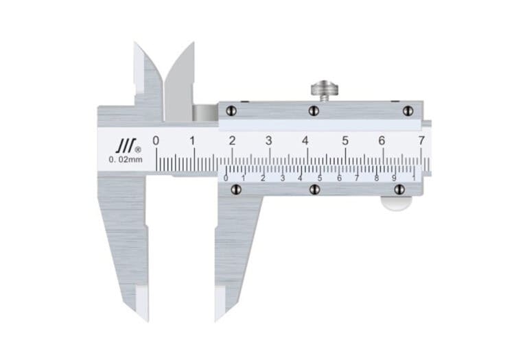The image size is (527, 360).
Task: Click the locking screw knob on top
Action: (x=325, y=88)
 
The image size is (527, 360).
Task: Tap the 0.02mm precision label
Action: (x=126, y=160)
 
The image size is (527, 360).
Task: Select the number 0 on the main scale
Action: (x=156, y=141)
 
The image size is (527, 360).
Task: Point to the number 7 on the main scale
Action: (x=421, y=141)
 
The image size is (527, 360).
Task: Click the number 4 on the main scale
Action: (x=305, y=141)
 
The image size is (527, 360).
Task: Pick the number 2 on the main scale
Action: (x=232, y=141)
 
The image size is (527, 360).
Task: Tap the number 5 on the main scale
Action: (x=345, y=141)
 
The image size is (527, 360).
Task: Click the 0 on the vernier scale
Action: (x=226, y=178)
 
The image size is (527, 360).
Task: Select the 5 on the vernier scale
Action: (x=320, y=178)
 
